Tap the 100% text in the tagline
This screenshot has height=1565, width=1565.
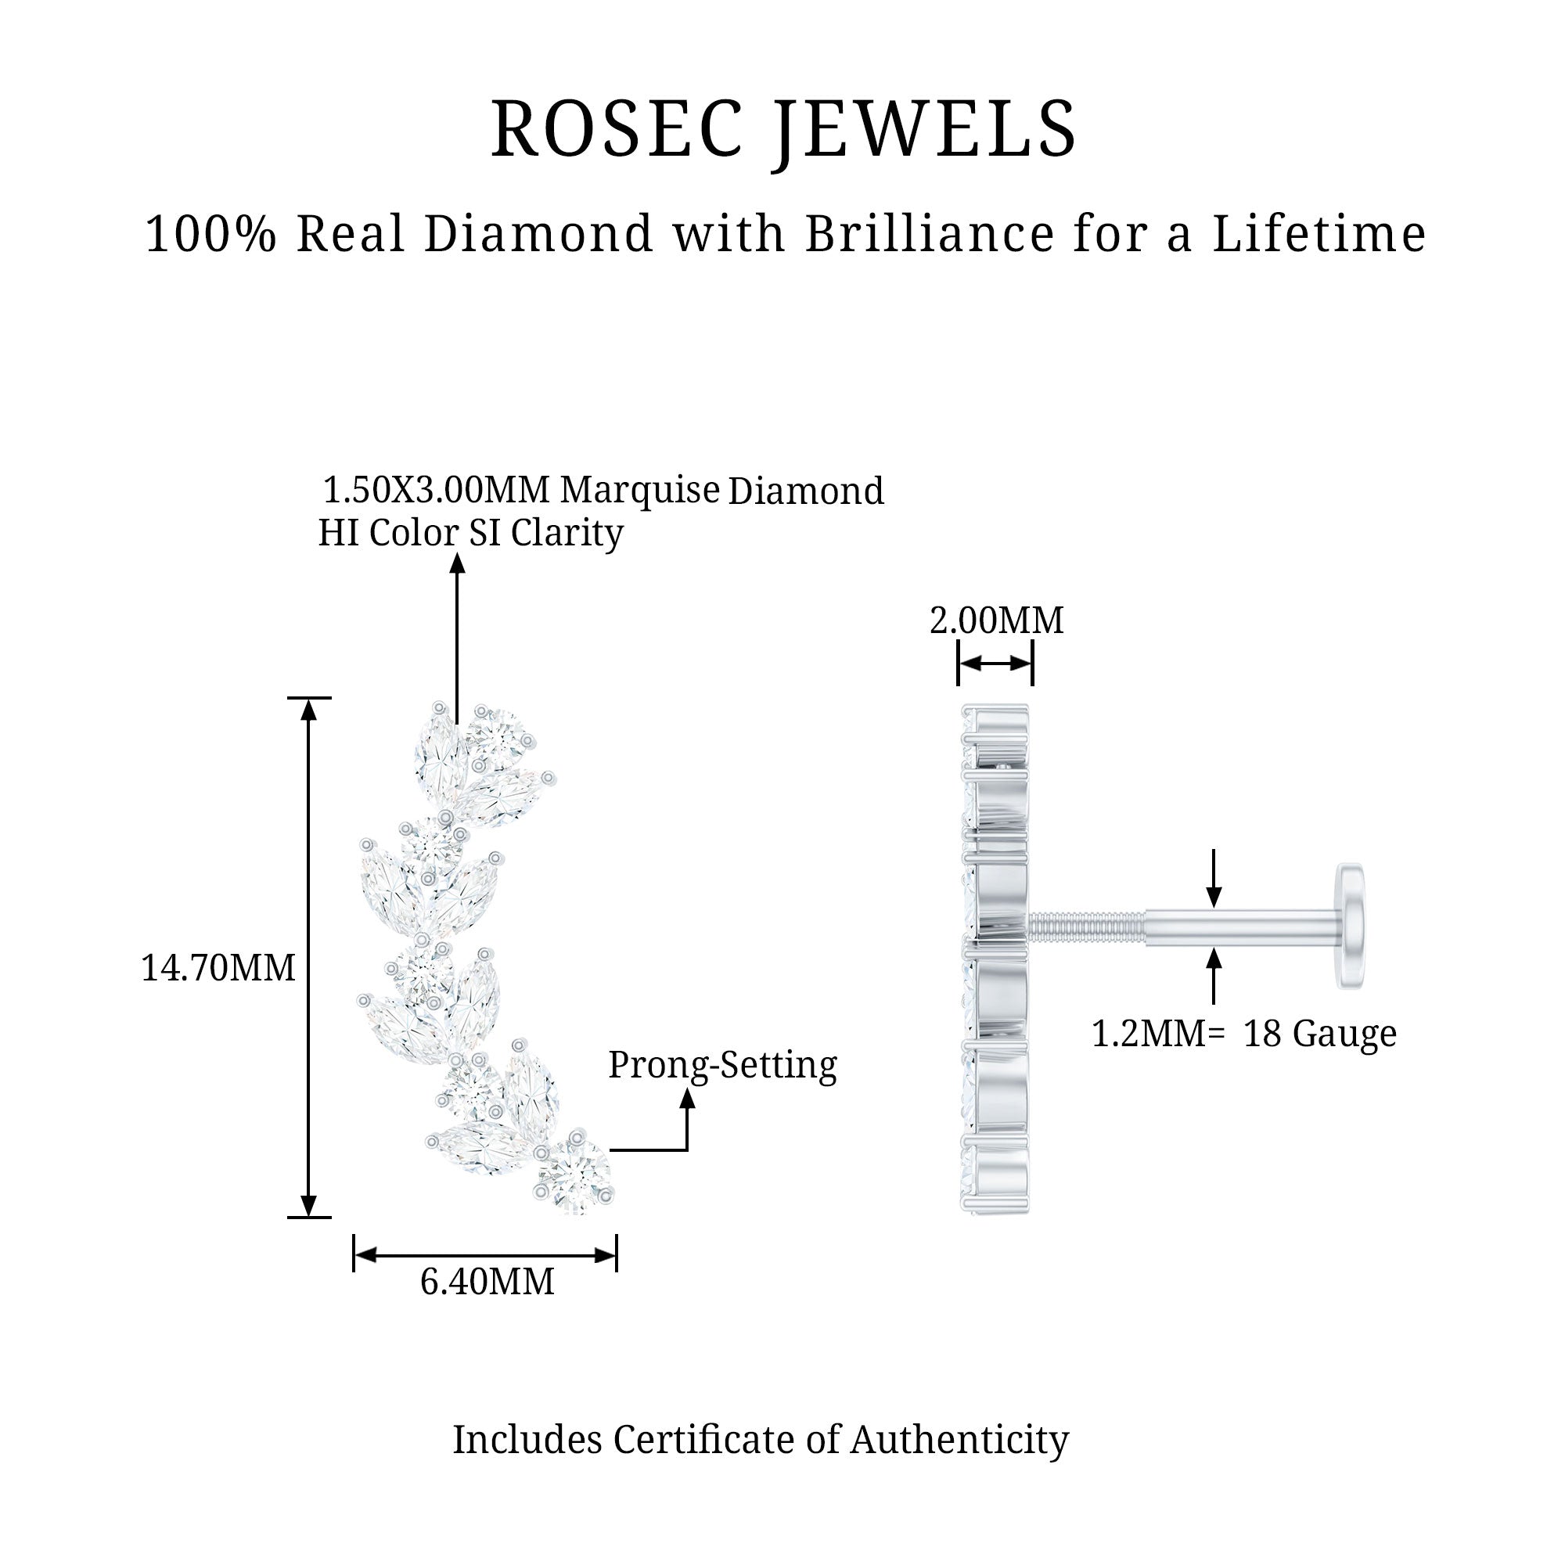[210, 233]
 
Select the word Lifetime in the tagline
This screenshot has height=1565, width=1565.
[1319, 233]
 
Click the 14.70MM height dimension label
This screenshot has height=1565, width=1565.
[218, 968]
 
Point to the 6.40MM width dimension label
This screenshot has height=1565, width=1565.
[487, 1283]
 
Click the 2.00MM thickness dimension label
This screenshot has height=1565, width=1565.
[996, 621]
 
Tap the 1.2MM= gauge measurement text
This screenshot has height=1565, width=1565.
[1158, 1034]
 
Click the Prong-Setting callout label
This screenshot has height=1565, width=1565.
[722, 1067]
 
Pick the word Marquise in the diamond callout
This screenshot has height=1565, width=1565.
[640, 491]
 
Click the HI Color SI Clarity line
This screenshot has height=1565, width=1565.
[470, 533]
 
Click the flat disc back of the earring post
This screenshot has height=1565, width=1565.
[1351, 925]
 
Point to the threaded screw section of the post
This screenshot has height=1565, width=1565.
[1087, 924]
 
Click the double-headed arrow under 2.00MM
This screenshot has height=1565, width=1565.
[995, 664]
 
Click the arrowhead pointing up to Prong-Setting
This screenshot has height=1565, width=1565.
[688, 1099]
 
